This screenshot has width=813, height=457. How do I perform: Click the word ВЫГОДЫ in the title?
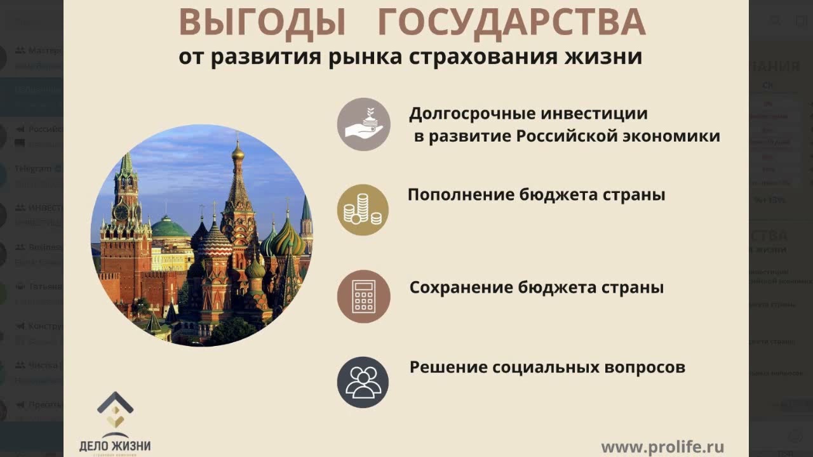262,23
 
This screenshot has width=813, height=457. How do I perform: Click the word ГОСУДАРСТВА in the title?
511,23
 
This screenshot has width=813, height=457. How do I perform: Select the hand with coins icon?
363,124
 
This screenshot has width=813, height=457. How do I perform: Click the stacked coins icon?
363,210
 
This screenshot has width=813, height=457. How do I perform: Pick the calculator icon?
363,296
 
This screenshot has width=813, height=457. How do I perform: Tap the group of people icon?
363,382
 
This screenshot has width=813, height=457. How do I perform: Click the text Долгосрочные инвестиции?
528,114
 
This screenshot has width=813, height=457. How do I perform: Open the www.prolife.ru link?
662,447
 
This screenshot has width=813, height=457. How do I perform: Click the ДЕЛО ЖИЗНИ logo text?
115,445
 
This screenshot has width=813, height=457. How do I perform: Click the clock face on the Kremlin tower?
121,211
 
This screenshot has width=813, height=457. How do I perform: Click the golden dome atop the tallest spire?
238,152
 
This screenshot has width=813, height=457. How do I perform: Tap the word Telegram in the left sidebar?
32,169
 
